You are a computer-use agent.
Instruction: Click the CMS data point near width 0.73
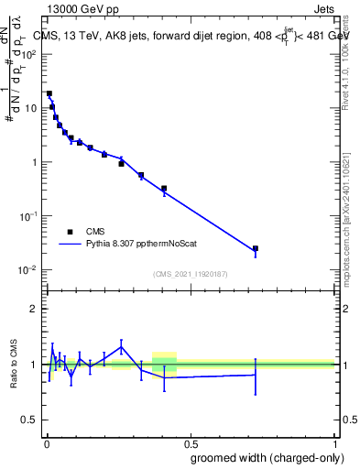[256, 248]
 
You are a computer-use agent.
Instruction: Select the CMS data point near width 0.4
[164, 189]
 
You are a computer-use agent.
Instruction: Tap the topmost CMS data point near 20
[49, 93]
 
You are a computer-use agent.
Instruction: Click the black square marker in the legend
[70, 232]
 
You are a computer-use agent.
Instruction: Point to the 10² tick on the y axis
[30, 54]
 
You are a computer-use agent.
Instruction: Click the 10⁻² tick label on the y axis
[30, 270]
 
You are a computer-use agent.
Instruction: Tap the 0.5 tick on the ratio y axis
[30, 420]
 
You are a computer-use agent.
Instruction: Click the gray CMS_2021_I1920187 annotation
[190, 273]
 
